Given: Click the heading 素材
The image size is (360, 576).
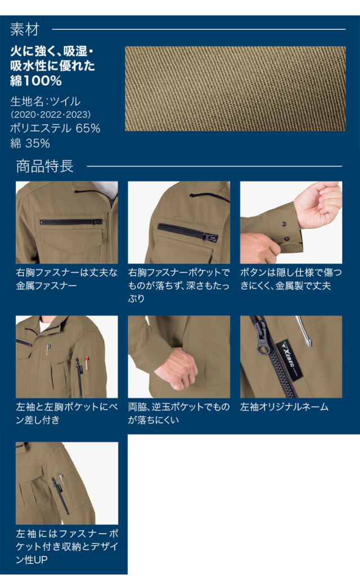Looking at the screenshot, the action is point(25,29).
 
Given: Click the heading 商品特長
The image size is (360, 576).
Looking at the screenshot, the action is point(45,166).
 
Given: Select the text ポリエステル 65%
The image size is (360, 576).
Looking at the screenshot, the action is point(55,128).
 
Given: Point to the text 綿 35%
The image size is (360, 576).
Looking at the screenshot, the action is point(30,143).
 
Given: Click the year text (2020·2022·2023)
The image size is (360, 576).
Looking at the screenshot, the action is point(51,114).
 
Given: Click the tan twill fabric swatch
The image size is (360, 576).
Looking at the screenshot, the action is point(235,88).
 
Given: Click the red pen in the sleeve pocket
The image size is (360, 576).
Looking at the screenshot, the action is point(87,362).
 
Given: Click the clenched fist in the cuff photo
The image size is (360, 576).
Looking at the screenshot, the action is point(319,203).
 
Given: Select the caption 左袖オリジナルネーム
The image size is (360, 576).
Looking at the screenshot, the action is point(284,407).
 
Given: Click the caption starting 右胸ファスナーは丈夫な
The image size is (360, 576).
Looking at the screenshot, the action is point(67,279).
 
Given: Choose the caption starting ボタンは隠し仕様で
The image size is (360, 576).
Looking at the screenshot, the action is point(291,279).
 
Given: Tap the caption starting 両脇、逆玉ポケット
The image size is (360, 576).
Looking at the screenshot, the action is point(179,413).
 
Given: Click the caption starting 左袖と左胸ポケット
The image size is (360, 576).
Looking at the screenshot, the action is point(67,413).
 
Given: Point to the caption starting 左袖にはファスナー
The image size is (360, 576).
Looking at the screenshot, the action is point(67,547).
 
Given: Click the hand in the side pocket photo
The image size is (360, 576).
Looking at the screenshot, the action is point(176,368).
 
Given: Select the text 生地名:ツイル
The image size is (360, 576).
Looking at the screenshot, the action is point(45,101).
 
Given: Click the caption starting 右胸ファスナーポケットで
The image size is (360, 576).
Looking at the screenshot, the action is point(179,285).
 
